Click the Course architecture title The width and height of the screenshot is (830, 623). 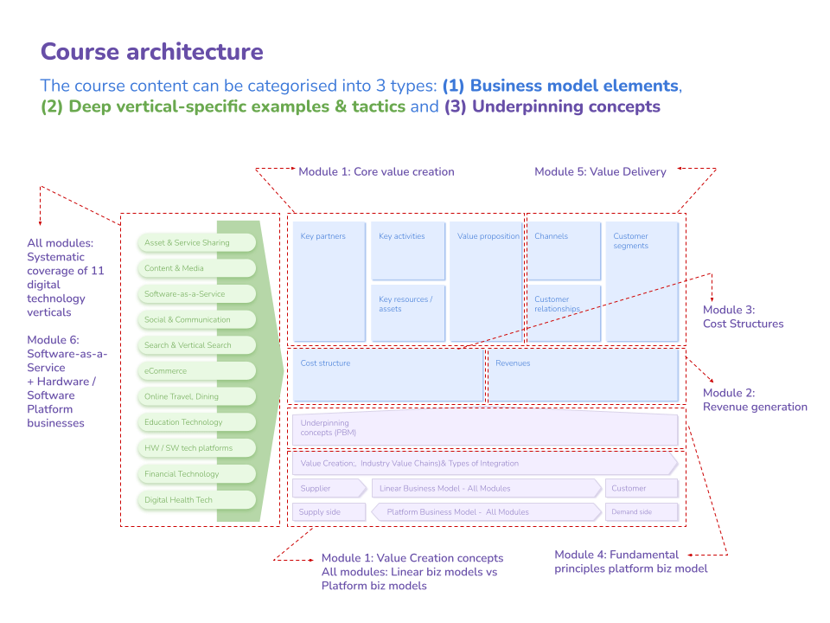(152, 52)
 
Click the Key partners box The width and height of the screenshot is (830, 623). (329, 281)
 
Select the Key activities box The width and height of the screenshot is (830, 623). (409, 250)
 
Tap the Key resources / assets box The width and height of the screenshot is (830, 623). (409, 312)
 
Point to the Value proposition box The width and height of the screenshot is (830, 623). (487, 281)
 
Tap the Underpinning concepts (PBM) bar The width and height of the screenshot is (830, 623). (485, 429)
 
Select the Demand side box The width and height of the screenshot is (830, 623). (642, 512)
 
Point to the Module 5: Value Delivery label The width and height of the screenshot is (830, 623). (600, 172)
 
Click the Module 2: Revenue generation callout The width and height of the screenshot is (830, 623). (755, 400)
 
